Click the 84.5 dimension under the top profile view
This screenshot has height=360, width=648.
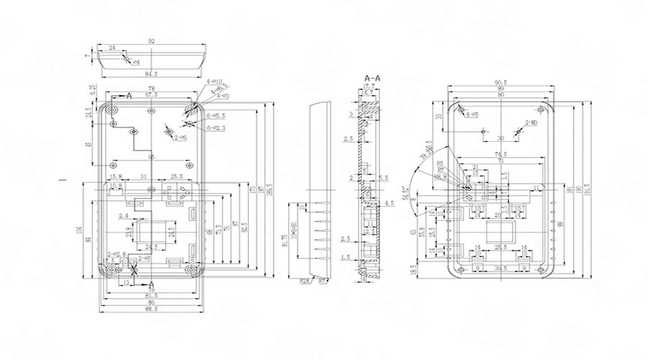tap(151, 74)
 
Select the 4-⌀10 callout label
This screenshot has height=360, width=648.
tap(215, 81)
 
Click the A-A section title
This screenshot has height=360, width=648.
tap(373, 76)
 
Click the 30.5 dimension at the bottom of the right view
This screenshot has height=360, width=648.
tap(500, 268)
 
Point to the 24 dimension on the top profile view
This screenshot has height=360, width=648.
tap(112, 48)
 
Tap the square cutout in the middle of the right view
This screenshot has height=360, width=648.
tap(500, 233)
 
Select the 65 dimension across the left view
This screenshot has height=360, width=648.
tap(151, 156)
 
